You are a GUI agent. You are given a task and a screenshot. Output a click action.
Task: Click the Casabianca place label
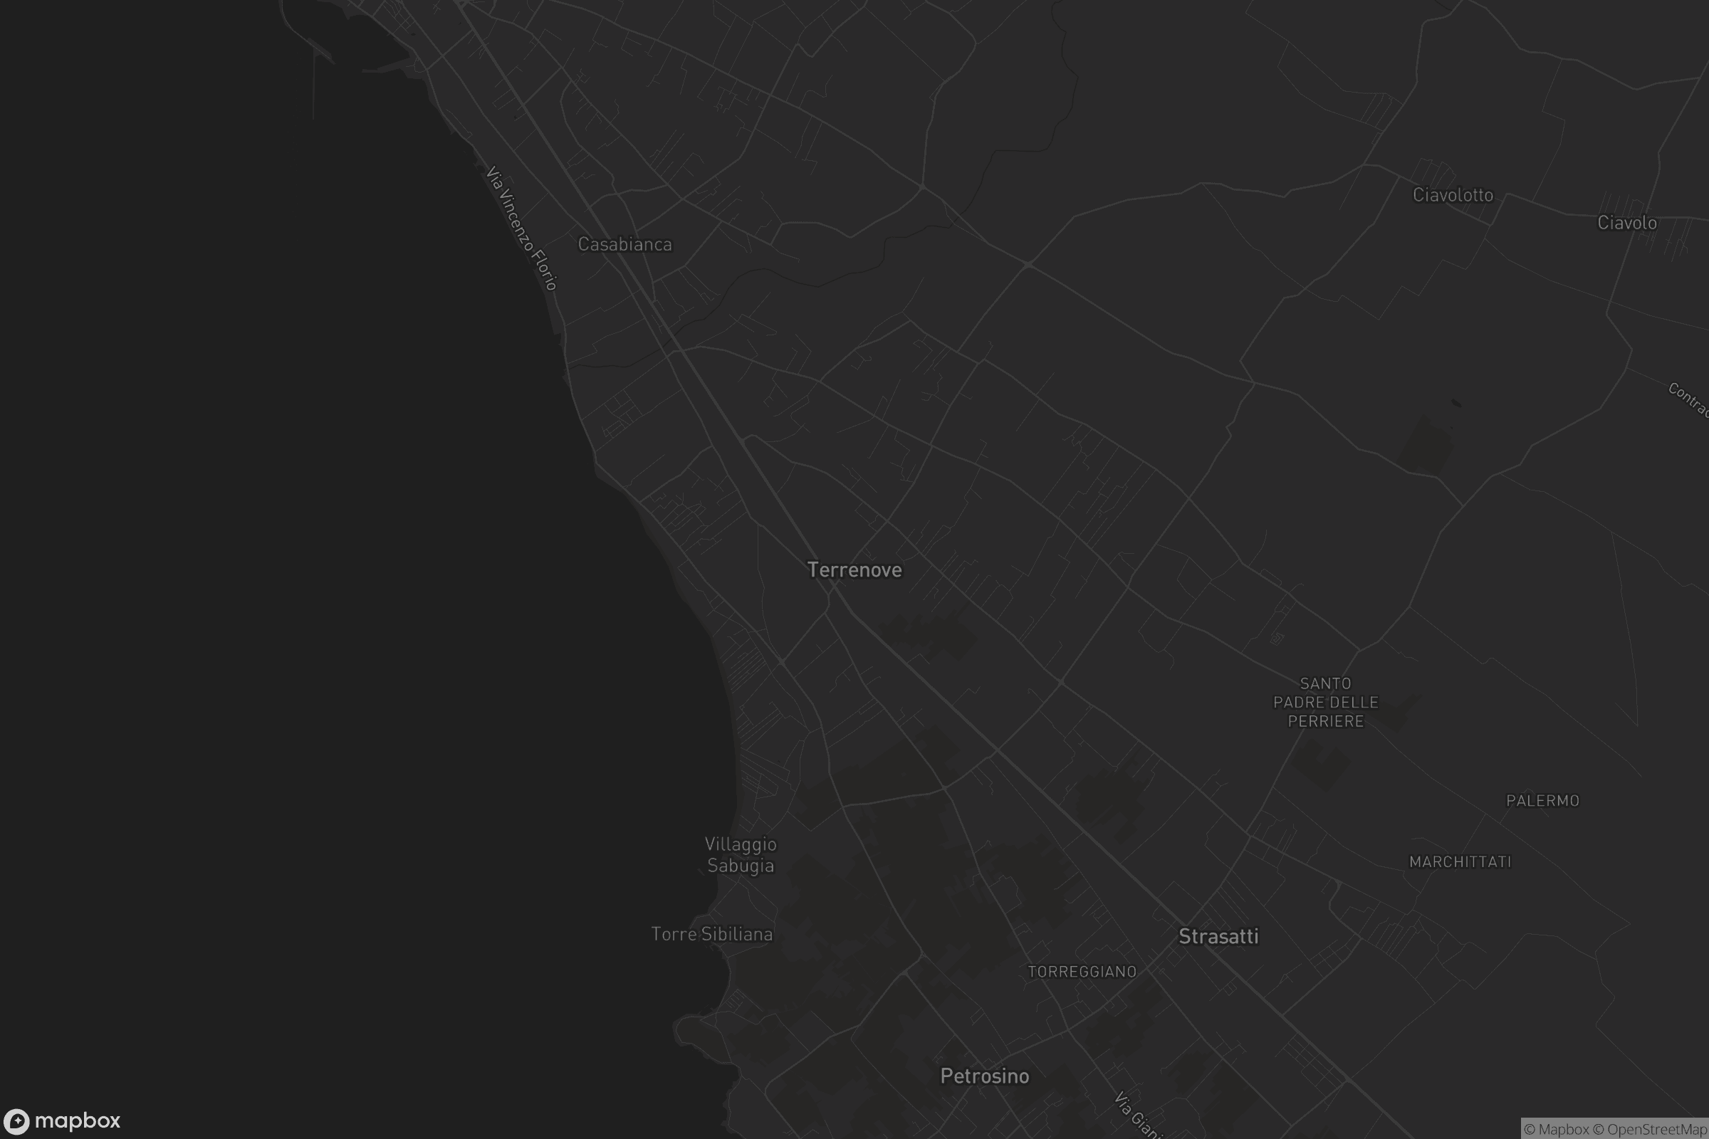[625, 245]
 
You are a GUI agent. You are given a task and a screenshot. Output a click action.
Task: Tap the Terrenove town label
[854, 570]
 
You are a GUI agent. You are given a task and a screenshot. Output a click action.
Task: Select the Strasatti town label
[1218, 937]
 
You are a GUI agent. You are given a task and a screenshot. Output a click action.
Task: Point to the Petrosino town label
[985, 1076]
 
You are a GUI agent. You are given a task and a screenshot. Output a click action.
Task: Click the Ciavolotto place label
[1453, 195]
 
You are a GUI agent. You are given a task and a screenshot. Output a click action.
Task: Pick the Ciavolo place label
[1627, 223]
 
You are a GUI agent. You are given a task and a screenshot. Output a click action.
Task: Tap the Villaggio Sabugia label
[741, 855]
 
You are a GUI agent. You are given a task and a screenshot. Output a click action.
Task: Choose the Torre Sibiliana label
[712, 934]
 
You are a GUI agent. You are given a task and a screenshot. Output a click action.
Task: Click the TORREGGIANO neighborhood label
[1082, 972]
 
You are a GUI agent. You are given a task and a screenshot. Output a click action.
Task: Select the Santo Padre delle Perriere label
[1326, 703]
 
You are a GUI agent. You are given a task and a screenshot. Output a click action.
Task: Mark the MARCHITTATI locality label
[1460, 862]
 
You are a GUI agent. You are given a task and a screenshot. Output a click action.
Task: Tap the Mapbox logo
[62, 1120]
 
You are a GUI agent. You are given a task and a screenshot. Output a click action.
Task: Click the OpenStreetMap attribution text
[1657, 1130]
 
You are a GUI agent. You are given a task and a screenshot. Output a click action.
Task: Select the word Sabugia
[741, 866]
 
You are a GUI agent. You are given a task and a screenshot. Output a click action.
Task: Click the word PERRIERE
[1326, 721]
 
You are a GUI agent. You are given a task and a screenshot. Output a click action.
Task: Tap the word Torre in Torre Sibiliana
[674, 934]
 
